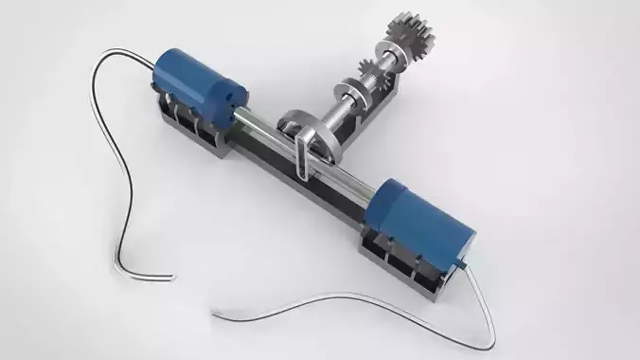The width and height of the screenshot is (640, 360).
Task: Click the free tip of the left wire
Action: [173, 278]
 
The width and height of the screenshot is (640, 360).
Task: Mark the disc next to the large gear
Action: [392, 56]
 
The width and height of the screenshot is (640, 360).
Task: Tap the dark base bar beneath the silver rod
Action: [312, 189]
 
